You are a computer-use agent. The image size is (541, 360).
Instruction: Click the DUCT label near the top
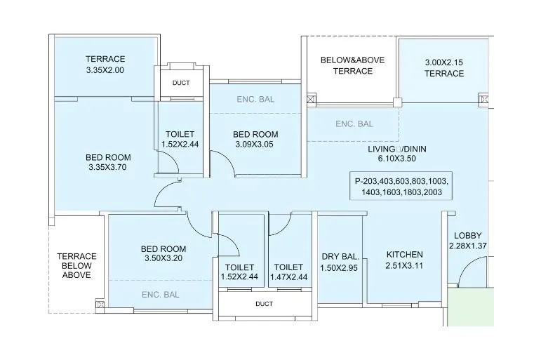181,83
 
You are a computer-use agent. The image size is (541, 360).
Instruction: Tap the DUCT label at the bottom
265,304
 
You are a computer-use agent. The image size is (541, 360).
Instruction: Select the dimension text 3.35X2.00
105,70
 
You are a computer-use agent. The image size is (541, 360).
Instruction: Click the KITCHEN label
405,254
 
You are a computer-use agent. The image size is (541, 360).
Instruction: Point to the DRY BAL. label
340,256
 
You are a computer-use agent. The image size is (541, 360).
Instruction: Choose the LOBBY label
467,235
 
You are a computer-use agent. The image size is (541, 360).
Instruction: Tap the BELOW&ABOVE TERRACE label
352,65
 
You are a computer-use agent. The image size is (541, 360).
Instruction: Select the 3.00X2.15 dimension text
444,62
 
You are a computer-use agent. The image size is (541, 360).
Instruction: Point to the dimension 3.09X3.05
255,145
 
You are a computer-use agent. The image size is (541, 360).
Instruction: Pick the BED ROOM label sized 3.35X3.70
108,157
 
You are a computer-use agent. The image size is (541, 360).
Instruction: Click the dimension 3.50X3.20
163,258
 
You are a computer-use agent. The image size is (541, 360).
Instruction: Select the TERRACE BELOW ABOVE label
76,266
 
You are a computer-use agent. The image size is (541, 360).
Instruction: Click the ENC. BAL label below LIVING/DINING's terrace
354,124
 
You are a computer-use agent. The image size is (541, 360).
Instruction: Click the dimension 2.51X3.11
405,266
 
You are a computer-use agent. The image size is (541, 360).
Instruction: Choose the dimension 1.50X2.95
340,268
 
